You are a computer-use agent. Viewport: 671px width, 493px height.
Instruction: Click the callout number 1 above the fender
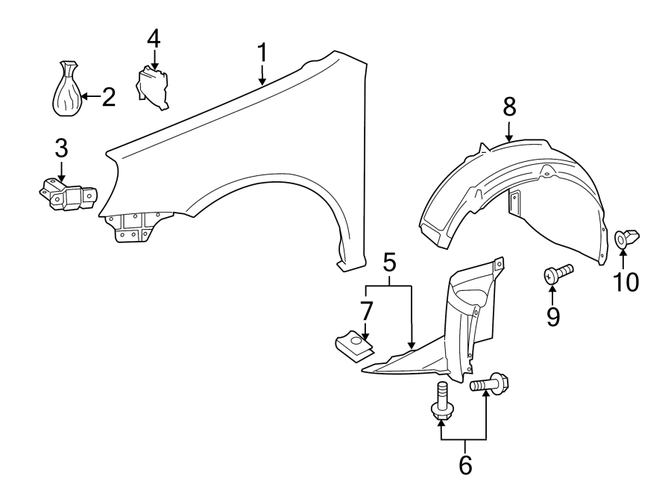point(262,53)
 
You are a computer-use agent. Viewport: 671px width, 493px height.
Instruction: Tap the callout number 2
point(108,96)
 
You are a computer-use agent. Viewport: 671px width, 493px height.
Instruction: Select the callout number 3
point(60,148)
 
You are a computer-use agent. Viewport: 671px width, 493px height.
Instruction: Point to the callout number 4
point(153,38)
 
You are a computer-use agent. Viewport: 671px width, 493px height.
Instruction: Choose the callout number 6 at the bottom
point(464,464)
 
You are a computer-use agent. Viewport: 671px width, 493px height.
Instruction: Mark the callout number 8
point(508,107)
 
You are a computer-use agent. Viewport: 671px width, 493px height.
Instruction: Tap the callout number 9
point(552,316)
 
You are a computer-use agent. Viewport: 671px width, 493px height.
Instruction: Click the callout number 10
point(626,282)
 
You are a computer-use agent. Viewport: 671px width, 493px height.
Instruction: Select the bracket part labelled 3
point(69,196)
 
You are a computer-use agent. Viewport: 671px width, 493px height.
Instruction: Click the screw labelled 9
point(557,273)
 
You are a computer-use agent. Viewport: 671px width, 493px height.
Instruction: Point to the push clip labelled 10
point(623,239)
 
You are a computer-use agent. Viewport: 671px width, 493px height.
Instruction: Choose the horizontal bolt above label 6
point(490,385)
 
